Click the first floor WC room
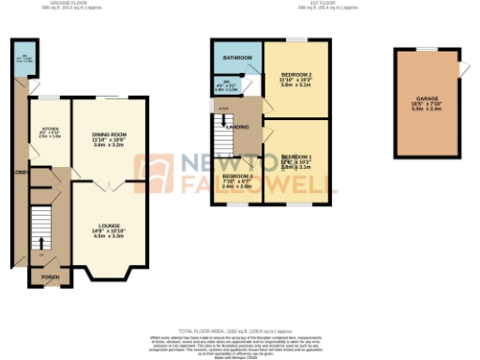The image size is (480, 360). click(x=232, y=86)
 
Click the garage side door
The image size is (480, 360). click(x=461, y=69)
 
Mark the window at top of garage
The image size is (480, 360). click(x=427, y=48)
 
